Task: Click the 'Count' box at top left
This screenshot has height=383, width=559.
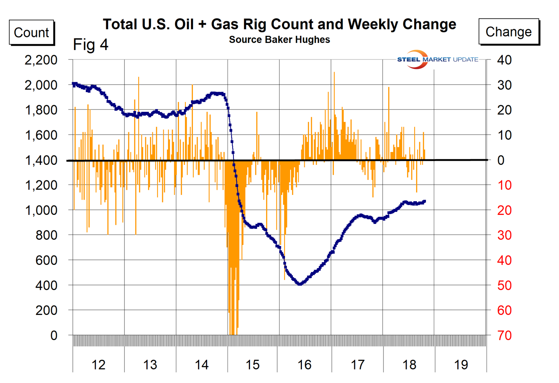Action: pos(31,32)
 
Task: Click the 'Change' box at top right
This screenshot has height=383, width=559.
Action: pos(508,31)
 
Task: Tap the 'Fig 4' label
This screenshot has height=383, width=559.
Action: pos(91,44)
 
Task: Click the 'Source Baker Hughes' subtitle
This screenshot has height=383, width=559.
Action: pos(279,40)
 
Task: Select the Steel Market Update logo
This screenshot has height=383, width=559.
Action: pos(437,59)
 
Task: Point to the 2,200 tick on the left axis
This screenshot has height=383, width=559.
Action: pos(41,60)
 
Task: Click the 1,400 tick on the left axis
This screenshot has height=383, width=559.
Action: pos(41,160)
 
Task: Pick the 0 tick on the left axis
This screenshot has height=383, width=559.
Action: pos(54,335)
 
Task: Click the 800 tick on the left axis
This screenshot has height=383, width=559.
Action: pos(46,235)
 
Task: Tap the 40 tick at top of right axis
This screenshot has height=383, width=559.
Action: pos(504,60)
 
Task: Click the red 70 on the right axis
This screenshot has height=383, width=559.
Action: pos(504,335)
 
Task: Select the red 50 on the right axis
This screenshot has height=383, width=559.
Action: pos(504,285)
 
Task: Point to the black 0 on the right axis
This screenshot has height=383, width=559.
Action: pos(501,160)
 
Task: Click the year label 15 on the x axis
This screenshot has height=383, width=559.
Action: pos(252,365)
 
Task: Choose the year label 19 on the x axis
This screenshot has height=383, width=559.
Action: pos(461,365)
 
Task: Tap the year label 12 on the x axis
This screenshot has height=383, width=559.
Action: pos(98,365)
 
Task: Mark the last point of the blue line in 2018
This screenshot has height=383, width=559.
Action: pos(424,202)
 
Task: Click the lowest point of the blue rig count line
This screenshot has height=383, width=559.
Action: pos(300,284)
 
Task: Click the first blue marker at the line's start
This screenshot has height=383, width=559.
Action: pos(73,84)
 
